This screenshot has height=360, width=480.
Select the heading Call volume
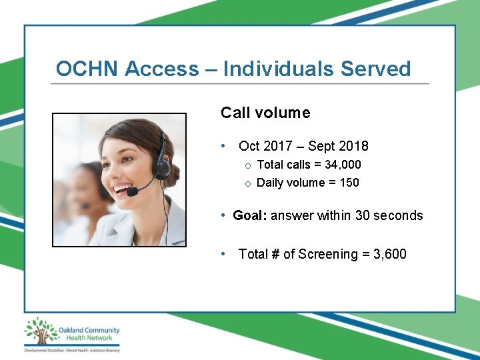(265, 113)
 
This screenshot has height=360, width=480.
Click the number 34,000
(343, 164)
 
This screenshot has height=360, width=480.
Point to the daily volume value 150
(349, 182)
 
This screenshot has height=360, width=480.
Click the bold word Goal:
(250, 215)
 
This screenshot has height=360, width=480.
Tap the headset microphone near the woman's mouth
(132, 191)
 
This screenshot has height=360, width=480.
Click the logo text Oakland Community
(89, 329)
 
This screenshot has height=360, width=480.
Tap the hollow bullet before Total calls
(247, 165)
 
